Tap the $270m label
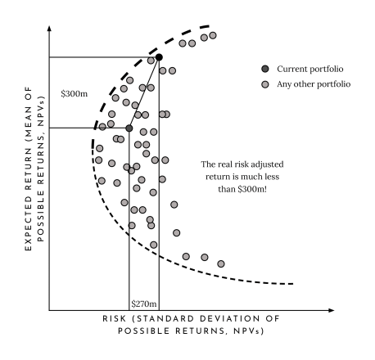143,304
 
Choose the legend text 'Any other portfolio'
313,84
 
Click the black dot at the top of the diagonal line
159,56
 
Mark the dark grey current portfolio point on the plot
129,128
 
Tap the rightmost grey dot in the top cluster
213,36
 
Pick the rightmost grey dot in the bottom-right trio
221,263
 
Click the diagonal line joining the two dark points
144,92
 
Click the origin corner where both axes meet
50,311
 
